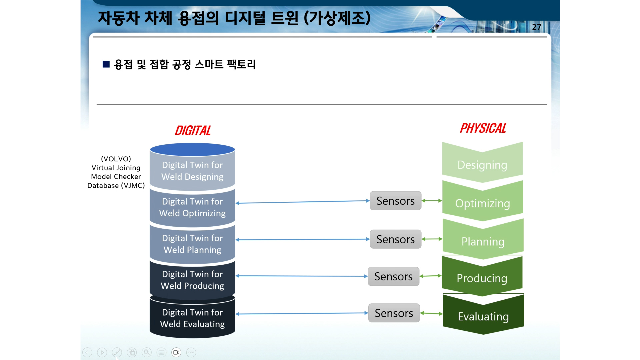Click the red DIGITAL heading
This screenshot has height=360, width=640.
(193, 130)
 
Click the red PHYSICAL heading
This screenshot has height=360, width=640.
(483, 128)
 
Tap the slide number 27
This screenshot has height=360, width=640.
(536, 27)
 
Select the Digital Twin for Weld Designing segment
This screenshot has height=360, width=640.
(192, 171)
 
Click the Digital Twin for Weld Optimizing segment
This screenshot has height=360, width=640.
(192, 207)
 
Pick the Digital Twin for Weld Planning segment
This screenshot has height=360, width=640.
(192, 244)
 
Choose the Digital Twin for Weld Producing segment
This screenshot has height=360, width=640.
(192, 280)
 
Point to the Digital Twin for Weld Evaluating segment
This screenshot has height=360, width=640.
(192, 318)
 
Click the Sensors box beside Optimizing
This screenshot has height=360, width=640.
(396, 201)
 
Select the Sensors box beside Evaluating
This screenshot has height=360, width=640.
(394, 313)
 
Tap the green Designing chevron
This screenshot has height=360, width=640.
(482, 162)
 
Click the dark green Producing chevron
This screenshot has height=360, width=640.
(482, 276)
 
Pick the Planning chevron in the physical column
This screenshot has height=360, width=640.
(483, 239)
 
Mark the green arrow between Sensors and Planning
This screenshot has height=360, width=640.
(432, 239)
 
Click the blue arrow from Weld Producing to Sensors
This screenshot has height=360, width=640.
(302, 276)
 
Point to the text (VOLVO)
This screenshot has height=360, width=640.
(116, 159)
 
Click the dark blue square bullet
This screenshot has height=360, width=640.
(106, 64)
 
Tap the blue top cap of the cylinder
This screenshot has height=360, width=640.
(192, 150)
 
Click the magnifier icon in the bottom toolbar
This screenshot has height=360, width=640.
(147, 352)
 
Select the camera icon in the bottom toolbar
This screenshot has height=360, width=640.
(176, 352)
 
